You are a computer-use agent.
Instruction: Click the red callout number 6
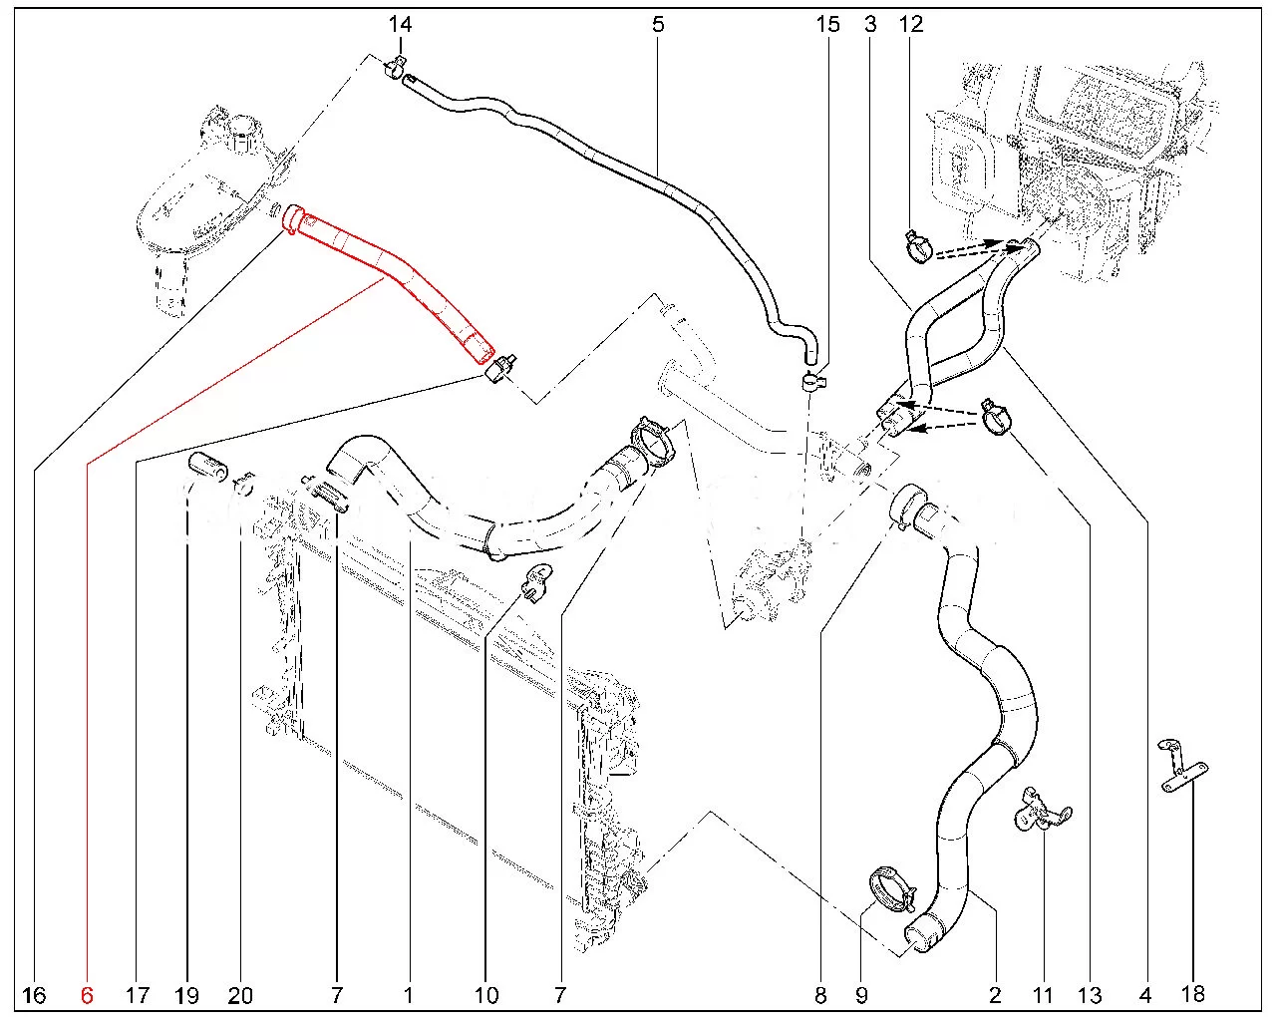pos(86,994)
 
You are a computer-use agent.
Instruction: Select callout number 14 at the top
pos(400,25)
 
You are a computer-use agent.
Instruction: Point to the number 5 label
pos(658,25)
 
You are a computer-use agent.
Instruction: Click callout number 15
pos(828,25)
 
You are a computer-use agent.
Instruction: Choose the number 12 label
pos(911,25)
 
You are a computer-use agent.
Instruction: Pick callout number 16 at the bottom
pos(33,994)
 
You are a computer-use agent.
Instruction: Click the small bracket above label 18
pos(1182,766)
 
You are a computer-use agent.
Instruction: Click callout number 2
pos(995,994)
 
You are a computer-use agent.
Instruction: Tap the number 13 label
pos(1090,994)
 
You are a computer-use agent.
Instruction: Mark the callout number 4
pos(1144,994)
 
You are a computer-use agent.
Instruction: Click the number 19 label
pos(186,994)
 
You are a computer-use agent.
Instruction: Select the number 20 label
pos(240,994)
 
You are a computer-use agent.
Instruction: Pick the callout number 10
pos(486,994)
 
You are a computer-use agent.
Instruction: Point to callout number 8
pos(820,994)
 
